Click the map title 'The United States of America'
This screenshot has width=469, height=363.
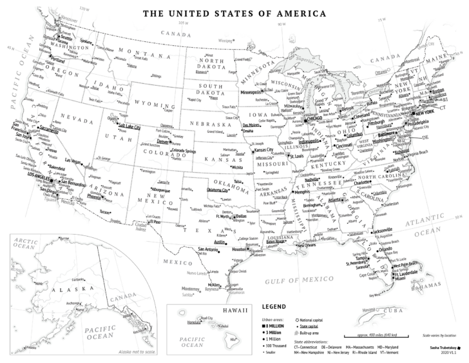234,12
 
